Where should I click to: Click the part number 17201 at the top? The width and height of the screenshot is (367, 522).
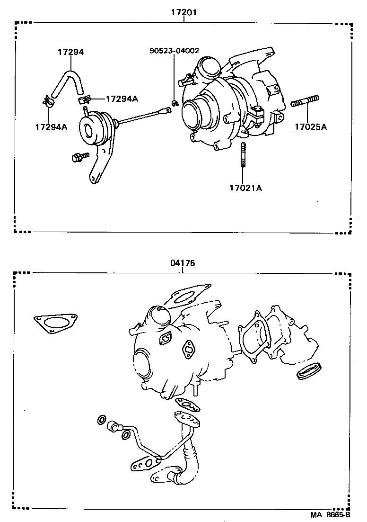pyautogui.click(x=183, y=13)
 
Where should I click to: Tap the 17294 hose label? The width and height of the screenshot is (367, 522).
pyautogui.click(x=70, y=52)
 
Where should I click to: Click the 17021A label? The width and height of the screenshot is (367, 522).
pyautogui.click(x=245, y=188)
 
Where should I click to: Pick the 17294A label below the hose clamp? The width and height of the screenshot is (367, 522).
pyautogui.click(x=51, y=126)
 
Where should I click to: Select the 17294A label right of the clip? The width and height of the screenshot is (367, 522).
pyautogui.click(x=122, y=99)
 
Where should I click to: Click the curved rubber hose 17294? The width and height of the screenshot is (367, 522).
pyautogui.click(x=69, y=81)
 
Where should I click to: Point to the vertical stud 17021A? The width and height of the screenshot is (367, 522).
pyautogui.click(x=243, y=154)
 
